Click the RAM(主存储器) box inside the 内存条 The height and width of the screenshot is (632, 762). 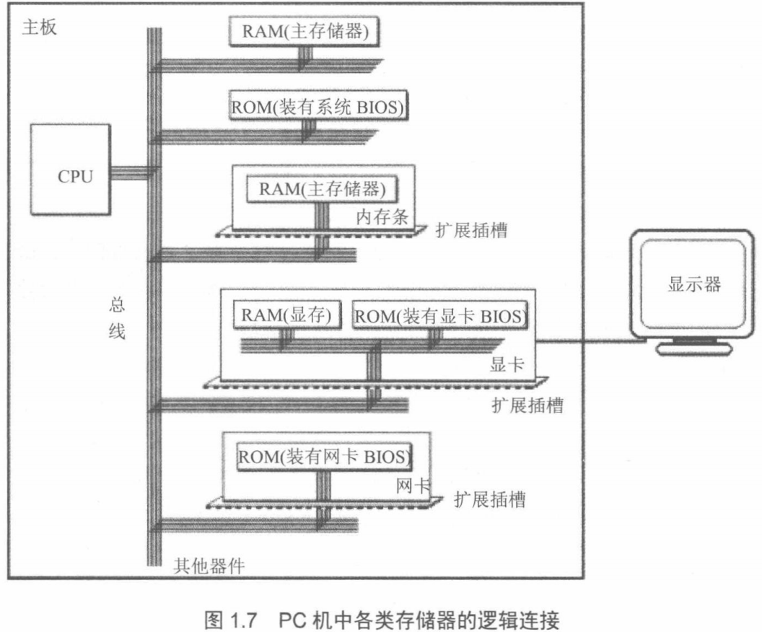pyautogui.click(x=323, y=190)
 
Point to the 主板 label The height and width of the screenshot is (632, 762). pyautogui.click(x=40, y=30)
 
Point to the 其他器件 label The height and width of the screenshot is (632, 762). pyautogui.click(x=209, y=565)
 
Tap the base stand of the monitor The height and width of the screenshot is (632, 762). pyautogui.click(x=689, y=348)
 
